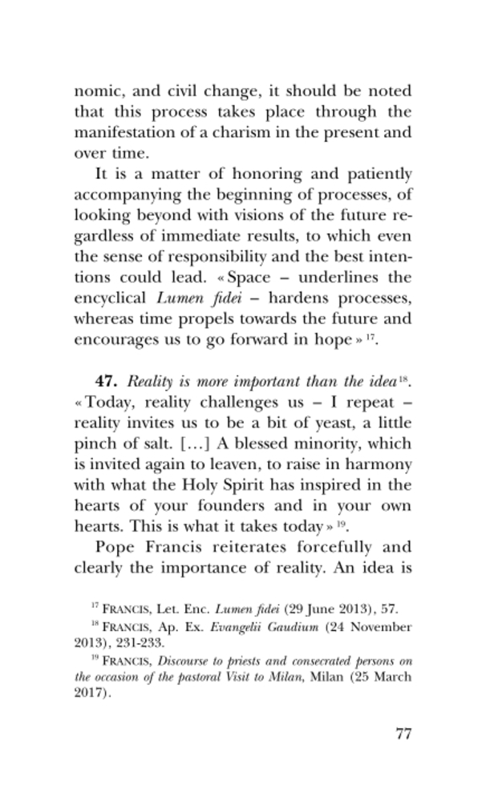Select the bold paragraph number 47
point(108,381)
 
